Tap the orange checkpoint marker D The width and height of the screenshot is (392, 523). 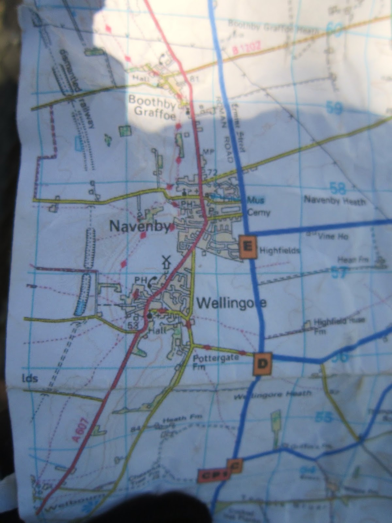pos(262,363)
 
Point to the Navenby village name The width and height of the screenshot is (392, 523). pos(140,226)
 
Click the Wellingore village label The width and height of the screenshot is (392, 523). pos(232,303)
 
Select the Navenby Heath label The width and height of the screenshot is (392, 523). pos(335,200)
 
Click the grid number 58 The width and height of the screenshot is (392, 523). pos(337,189)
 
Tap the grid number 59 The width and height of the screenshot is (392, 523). pos(334,108)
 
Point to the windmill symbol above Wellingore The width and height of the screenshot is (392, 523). pos(167,262)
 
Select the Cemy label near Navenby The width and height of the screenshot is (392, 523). pos(259,213)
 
